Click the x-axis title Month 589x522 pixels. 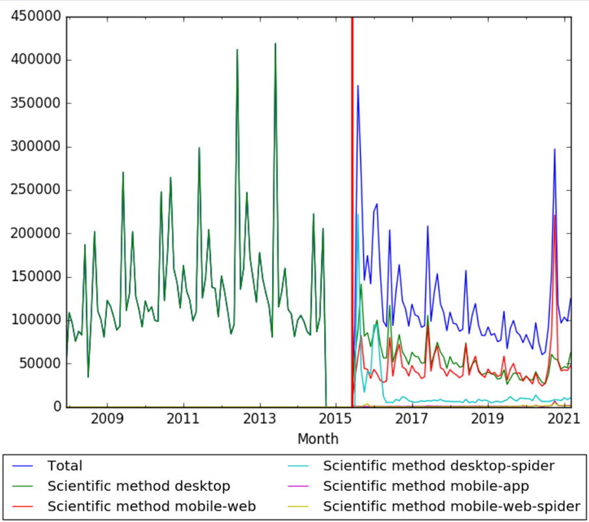tap(318, 439)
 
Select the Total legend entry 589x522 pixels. tap(64, 466)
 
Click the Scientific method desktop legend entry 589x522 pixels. tap(138, 486)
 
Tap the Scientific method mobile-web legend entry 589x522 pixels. tap(152, 506)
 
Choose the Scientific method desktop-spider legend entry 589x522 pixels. tap(439, 466)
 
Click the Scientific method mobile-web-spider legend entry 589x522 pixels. tap(451, 506)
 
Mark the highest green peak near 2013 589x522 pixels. tap(275, 44)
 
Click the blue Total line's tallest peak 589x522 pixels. tap(357, 85)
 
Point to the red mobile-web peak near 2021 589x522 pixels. tap(555, 215)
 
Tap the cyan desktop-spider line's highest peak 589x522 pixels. tap(357, 214)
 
